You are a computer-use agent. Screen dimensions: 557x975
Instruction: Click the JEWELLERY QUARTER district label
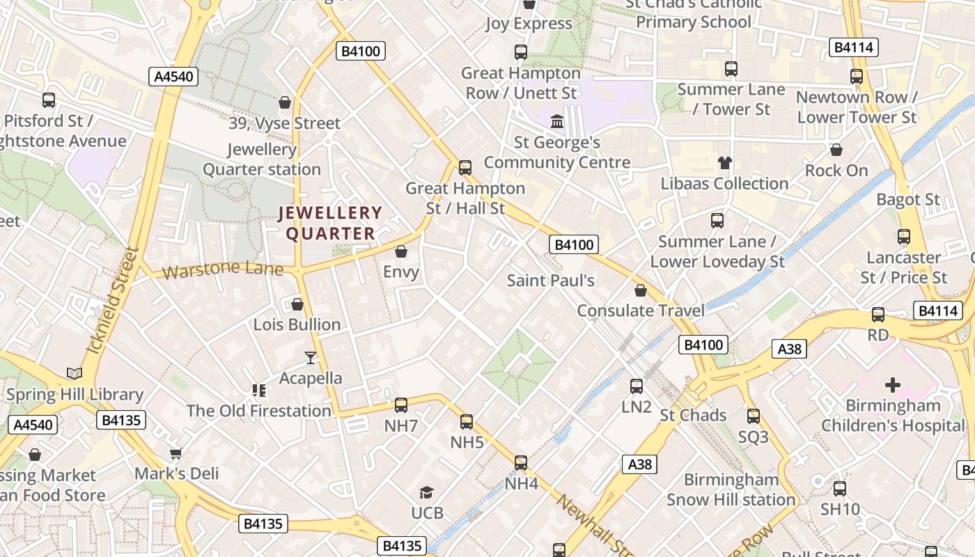pyautogui.click(x=330, y=223)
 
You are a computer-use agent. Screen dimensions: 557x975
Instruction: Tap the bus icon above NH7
pyautogui.click(x=401, y=405)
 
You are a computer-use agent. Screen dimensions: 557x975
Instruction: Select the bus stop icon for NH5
pyautogui.click(x=467, y=422)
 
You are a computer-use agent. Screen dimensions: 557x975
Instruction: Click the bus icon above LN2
pyautogui.click(x=637, y=386)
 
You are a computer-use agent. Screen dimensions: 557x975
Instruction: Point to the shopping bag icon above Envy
pyautogui.click(x=401, y=251)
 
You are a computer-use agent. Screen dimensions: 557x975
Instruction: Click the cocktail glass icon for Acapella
pyautogui.click(x=311, y=358)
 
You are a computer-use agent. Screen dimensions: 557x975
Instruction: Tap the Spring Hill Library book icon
pyautogui.click(x=75, y=374)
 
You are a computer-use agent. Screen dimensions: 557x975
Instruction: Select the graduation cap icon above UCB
pyautogui.click(x=427, y=493)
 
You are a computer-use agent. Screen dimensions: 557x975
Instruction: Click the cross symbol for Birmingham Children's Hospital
pyautogui.click(x=893, y=385)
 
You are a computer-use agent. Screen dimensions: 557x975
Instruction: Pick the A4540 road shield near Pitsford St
pyautogui.click(x=173, y=77)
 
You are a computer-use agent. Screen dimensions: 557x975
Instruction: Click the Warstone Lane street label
pyautogui.click(x=223, y=269)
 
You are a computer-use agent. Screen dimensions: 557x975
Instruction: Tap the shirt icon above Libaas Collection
pyautogui.click(x=725, y=164)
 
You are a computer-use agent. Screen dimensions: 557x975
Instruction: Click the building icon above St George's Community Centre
pyautogui.click(x=557, y=123)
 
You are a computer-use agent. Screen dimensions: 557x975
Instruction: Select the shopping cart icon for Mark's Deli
pyautogui.click(x=176, y=453)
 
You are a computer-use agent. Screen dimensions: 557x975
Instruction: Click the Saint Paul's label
pyautogui.click(x=550, y=281)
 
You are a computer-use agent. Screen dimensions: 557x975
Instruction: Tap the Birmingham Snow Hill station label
pyautogui.click(x=731, y=489)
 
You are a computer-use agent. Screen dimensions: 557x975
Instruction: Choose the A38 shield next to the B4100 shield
pyautogui.click(x=789, y=349)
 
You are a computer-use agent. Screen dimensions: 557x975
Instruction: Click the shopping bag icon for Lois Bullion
pyautogui.click(x=297, y=304)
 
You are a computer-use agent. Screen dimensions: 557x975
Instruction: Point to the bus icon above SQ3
pyautogui.click(x=754, y=416)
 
